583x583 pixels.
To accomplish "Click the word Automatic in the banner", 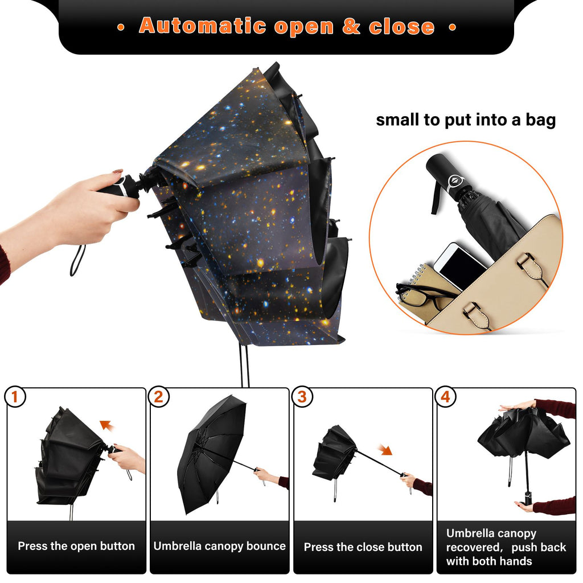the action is point(203,26).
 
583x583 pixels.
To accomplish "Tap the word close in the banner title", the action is point(402,26).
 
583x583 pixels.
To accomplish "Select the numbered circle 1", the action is point(15,396).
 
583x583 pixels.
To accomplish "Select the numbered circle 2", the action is point(159,396).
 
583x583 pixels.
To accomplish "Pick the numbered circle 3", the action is point(302,396).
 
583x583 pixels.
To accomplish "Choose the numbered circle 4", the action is point(446,396).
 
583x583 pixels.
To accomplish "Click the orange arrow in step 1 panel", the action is point(108,425).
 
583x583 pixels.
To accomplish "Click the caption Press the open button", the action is point(76,546).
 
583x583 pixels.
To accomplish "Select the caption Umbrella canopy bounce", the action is point(219,546).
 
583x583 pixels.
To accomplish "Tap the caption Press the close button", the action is point(363,547).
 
